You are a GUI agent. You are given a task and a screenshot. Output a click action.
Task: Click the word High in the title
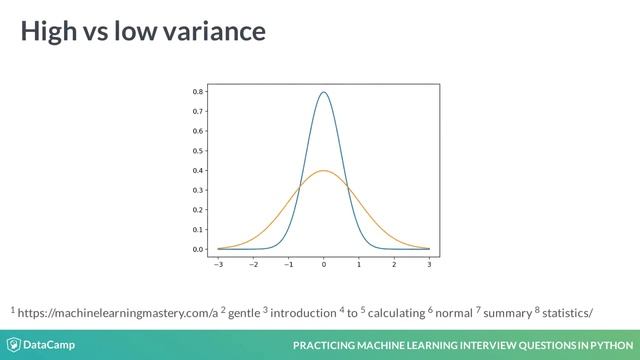[48, 32]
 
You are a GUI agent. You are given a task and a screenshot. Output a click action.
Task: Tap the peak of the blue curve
[323, 93]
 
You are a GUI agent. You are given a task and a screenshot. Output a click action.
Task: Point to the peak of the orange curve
[323, 171]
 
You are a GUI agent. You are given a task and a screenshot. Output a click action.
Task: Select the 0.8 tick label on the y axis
[198, 92]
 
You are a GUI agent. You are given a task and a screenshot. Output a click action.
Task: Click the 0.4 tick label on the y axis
[198, 170]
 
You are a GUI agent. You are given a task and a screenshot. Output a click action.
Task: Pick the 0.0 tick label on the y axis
[198, 249]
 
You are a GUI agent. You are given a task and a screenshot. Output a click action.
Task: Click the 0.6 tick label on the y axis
[198, 131]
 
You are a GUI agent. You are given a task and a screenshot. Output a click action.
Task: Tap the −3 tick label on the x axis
[218, 266]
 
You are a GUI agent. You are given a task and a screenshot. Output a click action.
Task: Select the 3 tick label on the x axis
[429, 266]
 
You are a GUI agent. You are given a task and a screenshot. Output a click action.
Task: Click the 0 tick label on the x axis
[324, 266]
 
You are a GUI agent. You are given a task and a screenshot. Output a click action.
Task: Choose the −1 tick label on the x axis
[288, 266]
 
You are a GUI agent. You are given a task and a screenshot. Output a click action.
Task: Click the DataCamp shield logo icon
[14, 345]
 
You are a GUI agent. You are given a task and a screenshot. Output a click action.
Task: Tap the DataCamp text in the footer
[49, 345]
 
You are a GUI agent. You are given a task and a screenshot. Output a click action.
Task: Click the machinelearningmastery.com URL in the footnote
[118, 313]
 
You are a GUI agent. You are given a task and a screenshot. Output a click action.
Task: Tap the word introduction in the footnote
[305, 313]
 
